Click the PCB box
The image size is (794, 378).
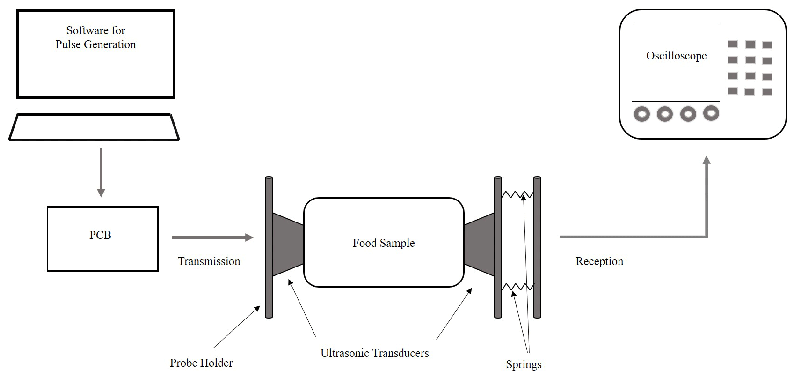click(x=102, y=238)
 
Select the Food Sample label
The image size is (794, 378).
click(x=384, y=243)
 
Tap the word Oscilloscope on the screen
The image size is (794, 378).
click(x=676, y=56)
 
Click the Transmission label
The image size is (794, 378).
click(x=209, y=261)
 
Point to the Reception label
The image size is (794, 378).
click(x=599, y=261)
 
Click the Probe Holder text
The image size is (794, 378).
click(x=201, y=363)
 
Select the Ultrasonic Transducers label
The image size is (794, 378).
click(x=374, y=353)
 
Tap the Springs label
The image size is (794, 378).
click(x=524, y=364)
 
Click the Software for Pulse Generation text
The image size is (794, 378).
click(x=95, y=37)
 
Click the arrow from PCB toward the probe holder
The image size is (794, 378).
click(x=212, y=237)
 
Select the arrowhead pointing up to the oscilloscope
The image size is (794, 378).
click(x=707, y=161)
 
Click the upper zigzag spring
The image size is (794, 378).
click(x=517, y=194)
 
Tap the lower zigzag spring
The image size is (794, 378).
click(x=517, y=287)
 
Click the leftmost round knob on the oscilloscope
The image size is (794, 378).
click(x=641, y=114)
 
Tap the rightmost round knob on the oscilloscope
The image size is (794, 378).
click(x=711, y=113)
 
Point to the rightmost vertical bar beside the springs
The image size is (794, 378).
click(x=537, y=247)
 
